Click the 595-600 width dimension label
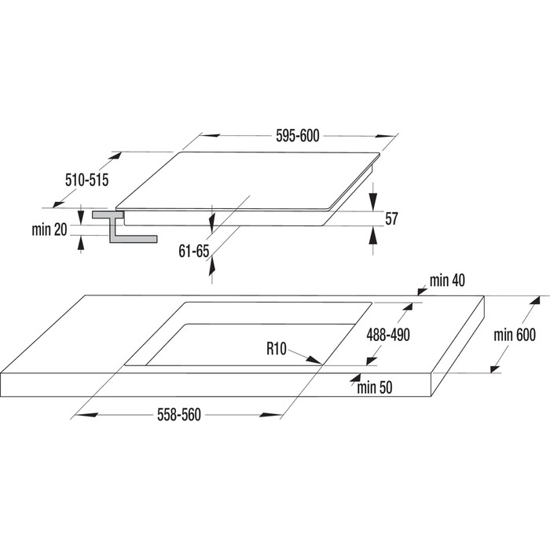click(298, 136)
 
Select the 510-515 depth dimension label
click(86, 181)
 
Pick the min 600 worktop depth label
click(514, 335)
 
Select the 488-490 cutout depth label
click(389, 334)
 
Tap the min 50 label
click(374, 387)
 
